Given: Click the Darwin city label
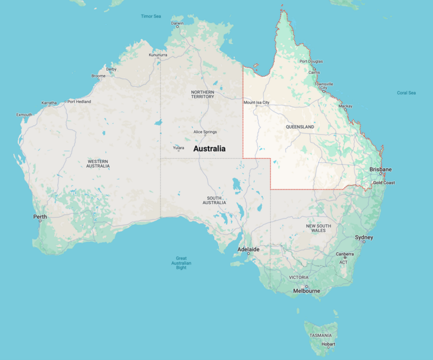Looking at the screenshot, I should [177, 24].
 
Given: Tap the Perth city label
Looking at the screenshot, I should [40, 217].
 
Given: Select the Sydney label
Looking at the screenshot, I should [364, 237].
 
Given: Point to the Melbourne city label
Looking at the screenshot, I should [306, 291].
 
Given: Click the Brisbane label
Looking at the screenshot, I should [380, 169].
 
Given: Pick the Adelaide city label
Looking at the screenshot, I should [248, 250].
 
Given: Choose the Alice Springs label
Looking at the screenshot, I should [205, 132].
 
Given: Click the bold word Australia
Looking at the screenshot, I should [209, 149].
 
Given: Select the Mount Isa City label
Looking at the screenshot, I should [256, 102].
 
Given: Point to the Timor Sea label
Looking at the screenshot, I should [151, 16].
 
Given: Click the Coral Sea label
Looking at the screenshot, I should [406, 92].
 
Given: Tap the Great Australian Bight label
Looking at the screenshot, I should [181, 263].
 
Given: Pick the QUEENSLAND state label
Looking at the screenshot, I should [300, 127].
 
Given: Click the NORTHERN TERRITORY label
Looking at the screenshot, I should [203, 94].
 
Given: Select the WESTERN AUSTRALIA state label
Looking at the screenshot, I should [98, 164].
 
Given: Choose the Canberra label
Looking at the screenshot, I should [346, 254].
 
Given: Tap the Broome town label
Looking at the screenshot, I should [99, 76].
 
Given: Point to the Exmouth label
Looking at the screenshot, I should [24, 114].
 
